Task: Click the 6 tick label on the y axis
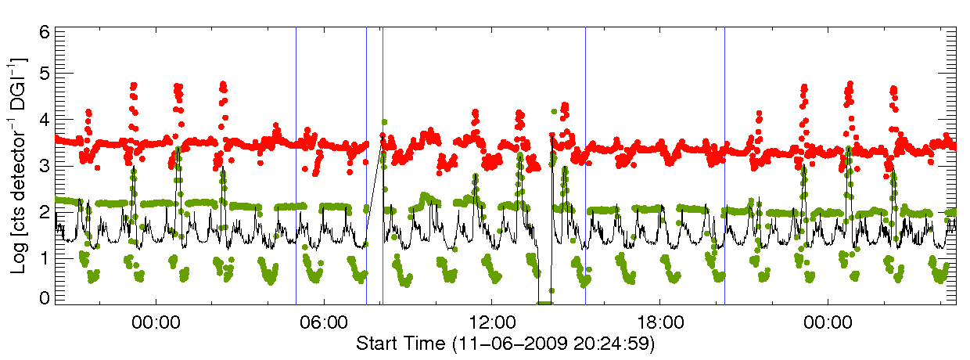(45, 32)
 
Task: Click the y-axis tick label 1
(45, 257)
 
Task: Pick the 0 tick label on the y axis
(45, 298)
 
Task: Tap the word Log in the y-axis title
(20, 257)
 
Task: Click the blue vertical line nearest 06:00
(296, 164)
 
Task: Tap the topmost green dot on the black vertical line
(384, 122)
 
